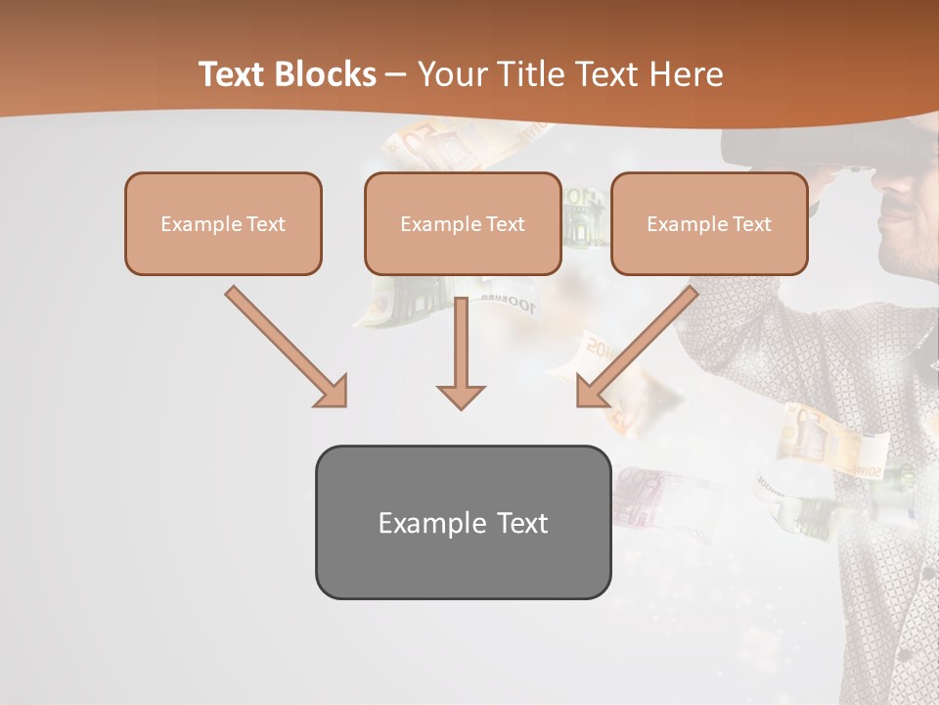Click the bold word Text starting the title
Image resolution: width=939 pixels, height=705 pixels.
pyautogui.click(x=234, y=74)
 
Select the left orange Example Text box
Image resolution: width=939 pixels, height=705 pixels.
pyautogui.click(x=223, y=223)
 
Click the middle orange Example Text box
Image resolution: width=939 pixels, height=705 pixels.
pyautogui.click(x=463, y=223)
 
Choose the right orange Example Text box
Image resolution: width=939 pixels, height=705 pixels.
pyautogui.click(x=709, y=223)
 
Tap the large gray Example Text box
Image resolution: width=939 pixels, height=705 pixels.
pyautogui.click(x=463, y=522)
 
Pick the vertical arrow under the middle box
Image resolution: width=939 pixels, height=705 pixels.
pyautogui.click(x=461, y=348)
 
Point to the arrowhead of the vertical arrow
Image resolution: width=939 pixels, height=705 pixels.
pyautogui.click(x=461, y=397)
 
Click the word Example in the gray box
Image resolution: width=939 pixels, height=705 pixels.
pyautogui.click(x=423, y=523)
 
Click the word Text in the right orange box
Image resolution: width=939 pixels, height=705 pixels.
pyautogui.click(x=751, y=224)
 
